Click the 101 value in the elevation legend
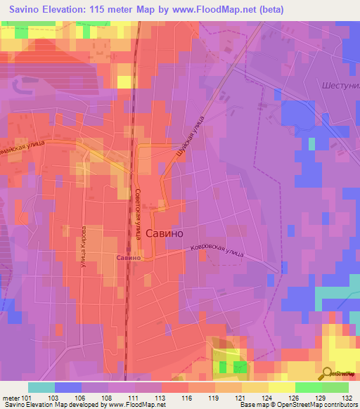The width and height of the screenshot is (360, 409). [x=27, y=397]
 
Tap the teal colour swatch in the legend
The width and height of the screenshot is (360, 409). [x=41, y=387]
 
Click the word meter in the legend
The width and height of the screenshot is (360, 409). [x=9, y=397]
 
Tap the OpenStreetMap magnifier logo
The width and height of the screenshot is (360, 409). [x=327, y=375]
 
